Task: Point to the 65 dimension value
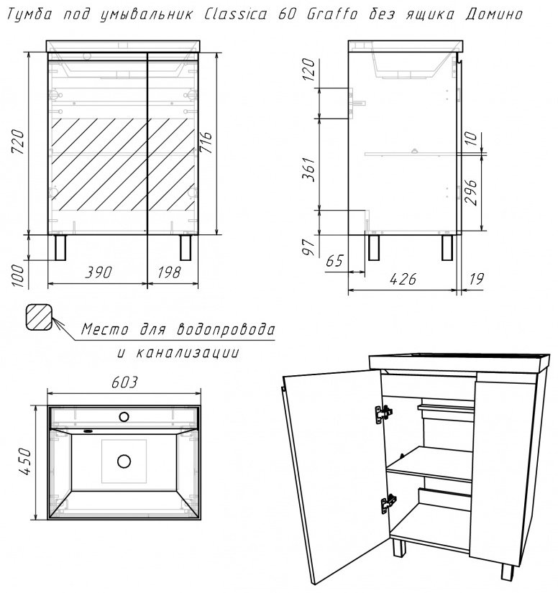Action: tap(335, 259)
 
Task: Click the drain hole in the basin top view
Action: tap(124, 460)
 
